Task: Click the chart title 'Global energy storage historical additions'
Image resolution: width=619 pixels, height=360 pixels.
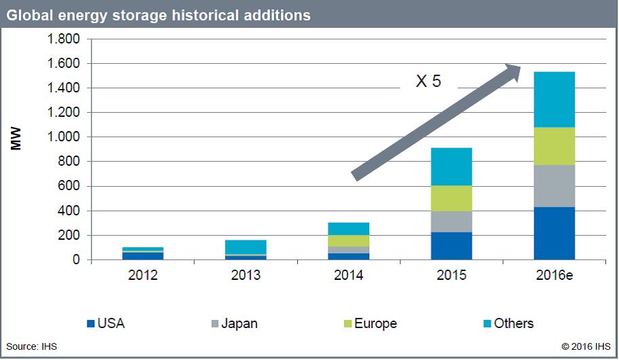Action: tap(159, 15)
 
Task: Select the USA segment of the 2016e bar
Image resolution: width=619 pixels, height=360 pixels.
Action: tap(555, 234)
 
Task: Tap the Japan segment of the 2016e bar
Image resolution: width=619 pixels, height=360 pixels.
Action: tap(555, 186)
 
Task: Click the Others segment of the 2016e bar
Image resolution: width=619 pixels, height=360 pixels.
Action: tap(555, 99)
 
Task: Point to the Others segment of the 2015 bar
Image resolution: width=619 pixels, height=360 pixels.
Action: tap(451, 166)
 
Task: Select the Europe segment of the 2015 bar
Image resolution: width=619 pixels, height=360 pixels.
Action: tap(451, 198)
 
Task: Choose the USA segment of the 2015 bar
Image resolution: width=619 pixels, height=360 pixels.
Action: tap(451, 246)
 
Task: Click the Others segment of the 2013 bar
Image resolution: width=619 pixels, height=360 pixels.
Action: tap(246, 247)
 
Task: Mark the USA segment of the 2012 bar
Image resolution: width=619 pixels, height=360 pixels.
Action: tap(143, 256)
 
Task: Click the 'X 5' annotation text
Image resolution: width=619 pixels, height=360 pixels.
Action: tap(428, 82)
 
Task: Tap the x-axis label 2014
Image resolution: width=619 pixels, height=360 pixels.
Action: tap(349, 275)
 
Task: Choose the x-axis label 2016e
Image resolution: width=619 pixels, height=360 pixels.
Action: tap(555, 275)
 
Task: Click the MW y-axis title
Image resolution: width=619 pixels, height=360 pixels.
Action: tap(17, 137)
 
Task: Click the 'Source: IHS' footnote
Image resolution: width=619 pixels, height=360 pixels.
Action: tap(32, 346)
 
